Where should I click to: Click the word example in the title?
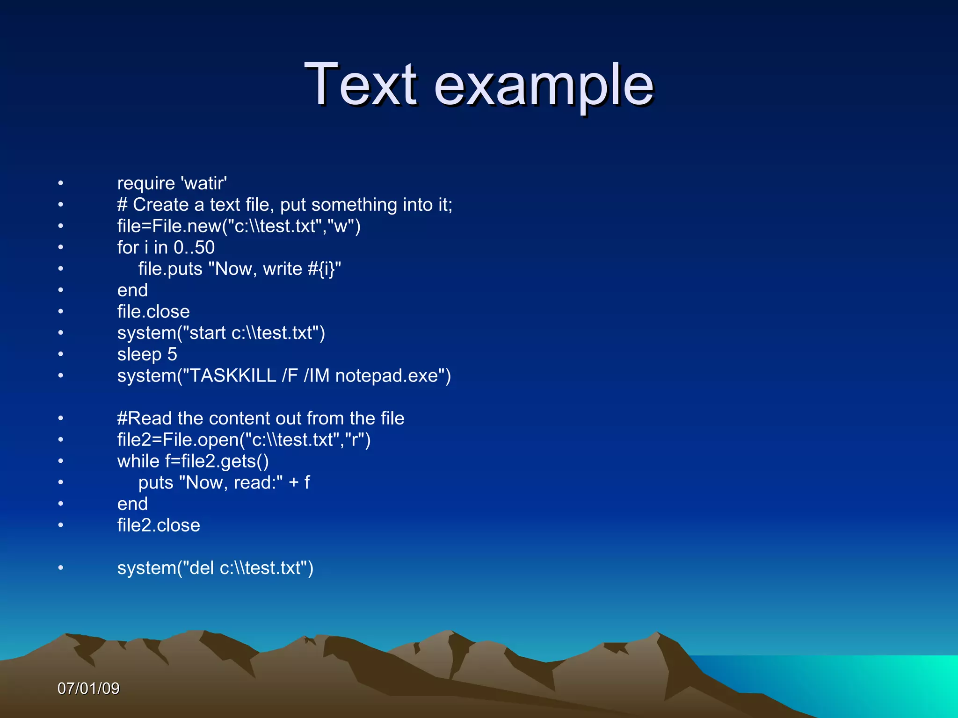(x=544, y=87)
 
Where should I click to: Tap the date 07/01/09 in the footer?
(x=88, y=688)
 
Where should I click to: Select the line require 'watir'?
(x=172, y=183)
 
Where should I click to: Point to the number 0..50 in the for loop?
(x=194, y=247)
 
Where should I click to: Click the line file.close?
(x=153, y=312)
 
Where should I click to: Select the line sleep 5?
(x=147, y=354)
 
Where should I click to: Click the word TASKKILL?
(x=232, y=376)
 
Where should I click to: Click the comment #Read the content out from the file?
(x=261, y=418)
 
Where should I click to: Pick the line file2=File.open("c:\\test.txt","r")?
(x=244, y=440)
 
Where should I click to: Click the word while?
(x=138, y=461)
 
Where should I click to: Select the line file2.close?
(x=159, y=525)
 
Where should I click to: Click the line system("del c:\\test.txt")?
(x=215, y=568)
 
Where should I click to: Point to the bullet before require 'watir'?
(x=60, y=183)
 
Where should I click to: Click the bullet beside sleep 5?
(x=60, y=354)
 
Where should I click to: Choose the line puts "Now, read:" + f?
(x=224, y=482)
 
